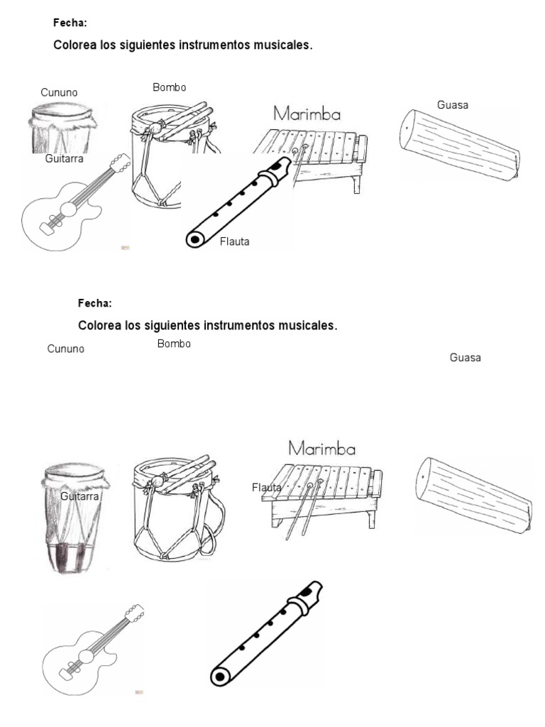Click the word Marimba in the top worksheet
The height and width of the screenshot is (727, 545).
click(307, 114)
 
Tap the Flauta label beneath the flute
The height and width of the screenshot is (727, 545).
click(235, 242)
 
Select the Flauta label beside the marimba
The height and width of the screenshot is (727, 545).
click(266, 488)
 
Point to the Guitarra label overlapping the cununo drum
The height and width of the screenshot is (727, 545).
click(79, 497)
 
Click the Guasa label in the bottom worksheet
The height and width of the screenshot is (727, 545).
click(465, 358)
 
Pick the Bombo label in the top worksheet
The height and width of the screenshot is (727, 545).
click(169, 87)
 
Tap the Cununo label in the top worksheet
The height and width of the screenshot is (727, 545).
click(59, 93)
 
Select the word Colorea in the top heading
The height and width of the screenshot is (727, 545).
click(75, 45)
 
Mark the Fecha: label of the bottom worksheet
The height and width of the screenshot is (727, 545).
click(94, 303)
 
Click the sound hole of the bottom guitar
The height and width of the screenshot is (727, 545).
click(85, 655)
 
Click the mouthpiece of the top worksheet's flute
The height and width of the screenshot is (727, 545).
click(280, 168)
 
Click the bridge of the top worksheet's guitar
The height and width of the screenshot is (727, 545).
click(48, 226)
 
